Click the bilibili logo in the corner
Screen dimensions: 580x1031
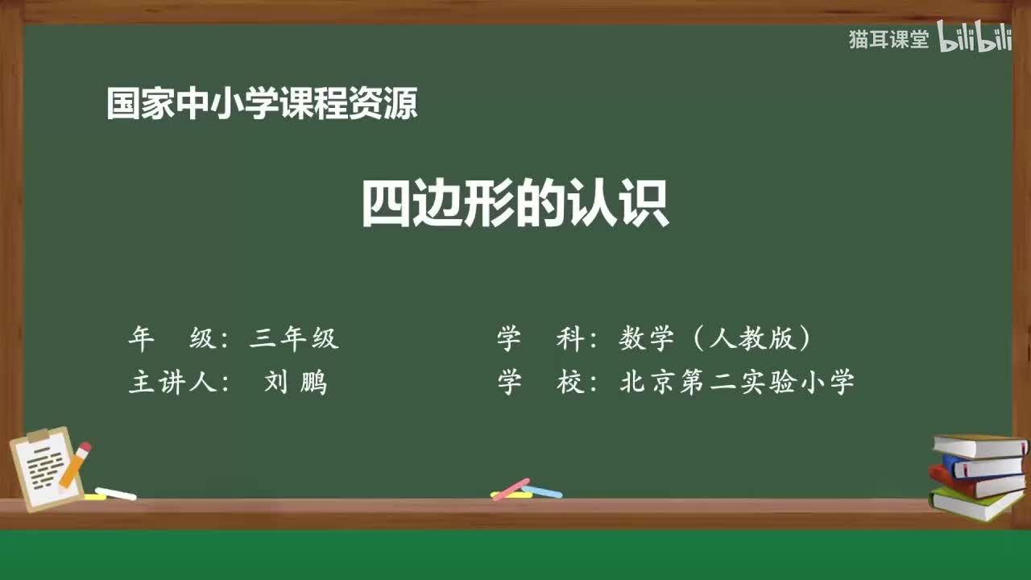(x=975, y=39)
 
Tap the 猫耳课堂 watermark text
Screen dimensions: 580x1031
(x=888, y=39)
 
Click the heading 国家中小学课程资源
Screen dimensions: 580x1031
(x=262, y=105)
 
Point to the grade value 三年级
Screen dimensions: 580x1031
(x=294, y=339)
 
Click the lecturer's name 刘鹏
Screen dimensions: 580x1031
(x=296, y=383)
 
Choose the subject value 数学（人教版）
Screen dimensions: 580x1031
(x=714, y=339)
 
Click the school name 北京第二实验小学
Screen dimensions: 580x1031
(x=736, y=383)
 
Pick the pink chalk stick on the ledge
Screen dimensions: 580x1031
(x=511, y=488)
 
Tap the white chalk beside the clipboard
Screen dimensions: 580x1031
(x=115, y=493)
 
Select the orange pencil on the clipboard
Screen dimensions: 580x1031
(x=73, y=466)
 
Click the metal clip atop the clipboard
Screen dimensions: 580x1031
(x=38, y=436)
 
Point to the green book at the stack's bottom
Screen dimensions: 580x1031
(x=975, y=503)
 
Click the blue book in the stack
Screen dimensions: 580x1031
(x=983, y=466)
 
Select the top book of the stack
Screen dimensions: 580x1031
(x=979, y=445)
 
